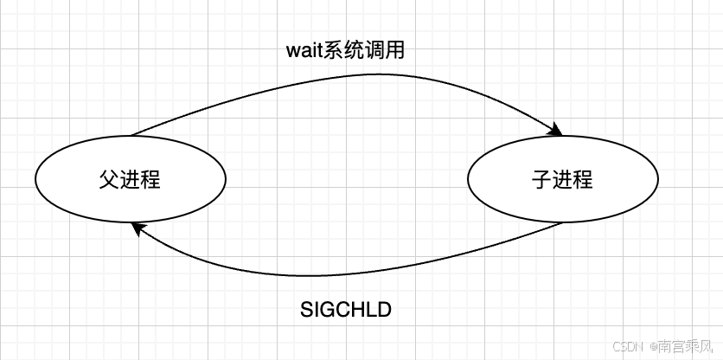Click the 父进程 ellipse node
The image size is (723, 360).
click(x=130, y=179)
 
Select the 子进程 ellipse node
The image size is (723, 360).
click(x=562, y=179)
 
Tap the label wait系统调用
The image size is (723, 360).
click(x=345, y=50)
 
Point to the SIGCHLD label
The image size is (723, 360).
click(x=345, y=308)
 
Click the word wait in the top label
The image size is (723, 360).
click(x=304, y=50)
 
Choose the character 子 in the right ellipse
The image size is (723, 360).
click(x=541, y=180)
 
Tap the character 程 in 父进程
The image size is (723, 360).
click(x=150, y=180)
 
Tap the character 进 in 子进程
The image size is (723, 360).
click(x=562, y=180)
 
